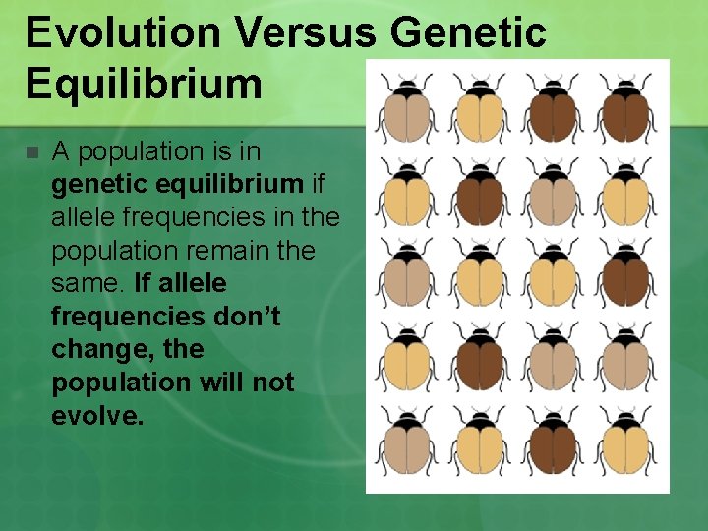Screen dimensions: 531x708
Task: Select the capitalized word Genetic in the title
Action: (x=469, y=32)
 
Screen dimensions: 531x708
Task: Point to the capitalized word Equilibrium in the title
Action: (x=144, y=84)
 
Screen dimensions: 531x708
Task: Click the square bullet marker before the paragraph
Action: (x=31, y=152)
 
